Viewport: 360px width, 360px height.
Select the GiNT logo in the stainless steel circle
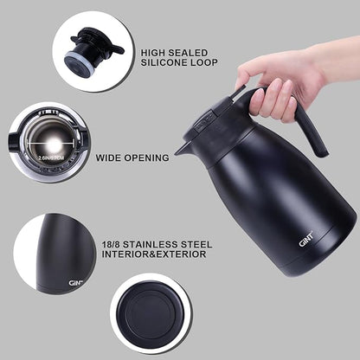coord(76,281)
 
